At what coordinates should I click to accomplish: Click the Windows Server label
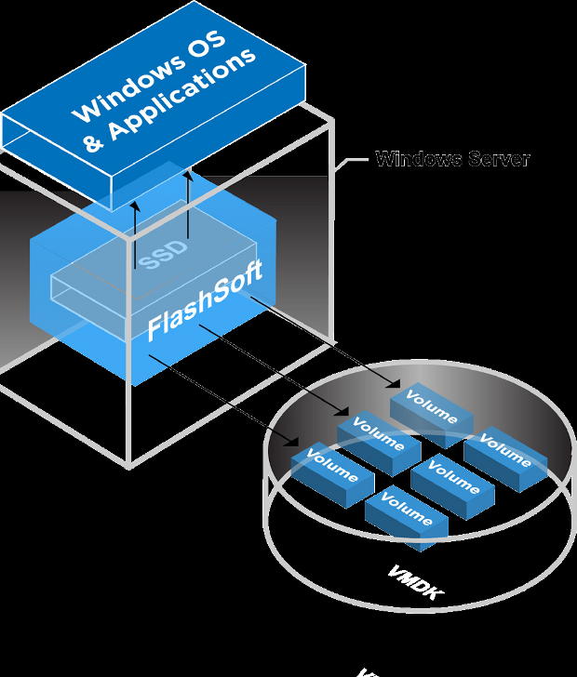[x=452, y=159]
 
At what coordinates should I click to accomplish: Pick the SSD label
[x=164, y=254]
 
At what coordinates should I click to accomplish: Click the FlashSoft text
[x=205, y=300]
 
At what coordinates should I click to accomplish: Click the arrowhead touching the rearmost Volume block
[x=396, y=384]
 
